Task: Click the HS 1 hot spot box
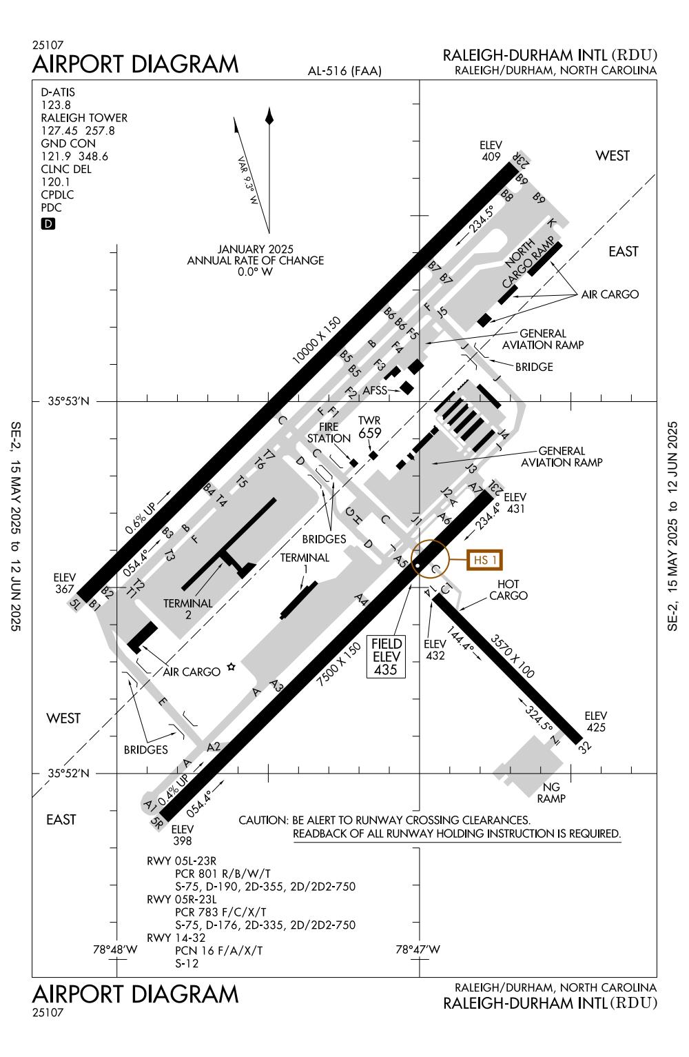484,560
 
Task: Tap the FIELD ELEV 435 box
386,656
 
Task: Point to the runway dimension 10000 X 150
317,340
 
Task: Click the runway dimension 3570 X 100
512,656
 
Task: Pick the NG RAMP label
551,793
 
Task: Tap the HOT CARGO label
508,590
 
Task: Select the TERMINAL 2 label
188,610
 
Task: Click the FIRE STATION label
329,432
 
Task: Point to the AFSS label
376,390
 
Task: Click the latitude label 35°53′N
69,401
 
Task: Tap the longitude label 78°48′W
115,949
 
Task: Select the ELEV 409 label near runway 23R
491,151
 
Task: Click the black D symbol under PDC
48,223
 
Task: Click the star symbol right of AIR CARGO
232,666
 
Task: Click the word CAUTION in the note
262,821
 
